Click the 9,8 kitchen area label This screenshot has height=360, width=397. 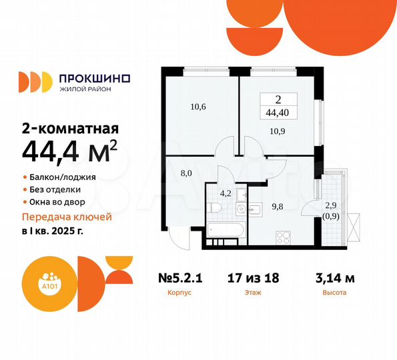coord(277,207)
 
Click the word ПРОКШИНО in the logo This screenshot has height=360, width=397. coord(94,78)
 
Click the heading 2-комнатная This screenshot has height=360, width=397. coord(70,129)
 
